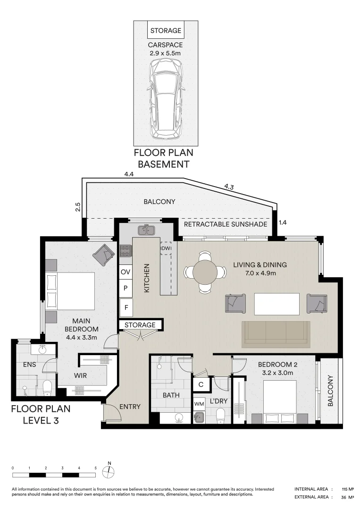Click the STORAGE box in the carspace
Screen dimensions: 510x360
point(166,30)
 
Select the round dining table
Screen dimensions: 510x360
point(205,272)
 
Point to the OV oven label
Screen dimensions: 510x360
point(126,272)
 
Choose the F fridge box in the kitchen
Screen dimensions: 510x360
point(126,307)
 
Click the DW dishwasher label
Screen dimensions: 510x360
point(166,248)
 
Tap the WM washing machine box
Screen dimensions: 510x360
point(200,404)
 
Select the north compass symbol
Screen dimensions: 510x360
point(109,470)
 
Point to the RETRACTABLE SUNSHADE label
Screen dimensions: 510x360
point(226,224)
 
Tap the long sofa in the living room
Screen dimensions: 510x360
point(276,332)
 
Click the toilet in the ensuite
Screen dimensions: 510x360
point(47,388)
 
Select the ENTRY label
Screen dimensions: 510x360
point(130,407)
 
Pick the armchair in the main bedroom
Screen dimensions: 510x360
point(103,255)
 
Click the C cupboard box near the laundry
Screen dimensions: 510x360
point(201,384)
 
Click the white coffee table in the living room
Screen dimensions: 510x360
point(277,304)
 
